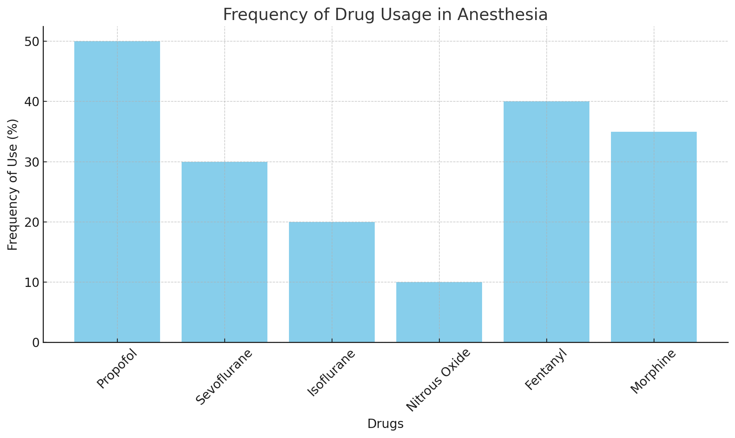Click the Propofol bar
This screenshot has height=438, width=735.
117,192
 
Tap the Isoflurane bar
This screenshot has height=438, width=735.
332,282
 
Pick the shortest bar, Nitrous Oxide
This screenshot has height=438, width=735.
439,312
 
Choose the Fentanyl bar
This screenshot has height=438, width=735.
546,222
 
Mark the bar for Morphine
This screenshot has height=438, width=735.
654,237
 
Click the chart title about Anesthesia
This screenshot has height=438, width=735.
385,15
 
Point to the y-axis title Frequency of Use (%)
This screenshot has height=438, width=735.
13,184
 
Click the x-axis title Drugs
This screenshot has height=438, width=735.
385,424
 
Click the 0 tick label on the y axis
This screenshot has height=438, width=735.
36,343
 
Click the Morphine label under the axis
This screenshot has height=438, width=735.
653,372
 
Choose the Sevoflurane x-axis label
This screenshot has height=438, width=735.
224,376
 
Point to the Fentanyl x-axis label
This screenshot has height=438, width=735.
546,370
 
